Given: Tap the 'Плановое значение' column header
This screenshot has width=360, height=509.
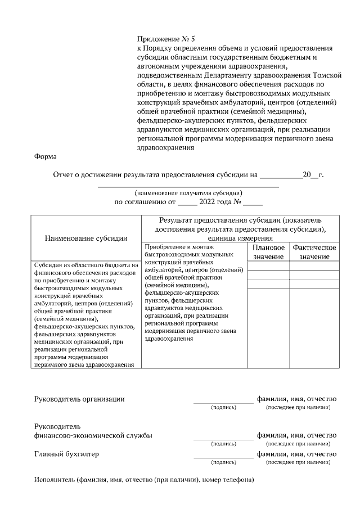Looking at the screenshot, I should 269,252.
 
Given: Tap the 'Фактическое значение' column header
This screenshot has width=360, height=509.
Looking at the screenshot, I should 314,252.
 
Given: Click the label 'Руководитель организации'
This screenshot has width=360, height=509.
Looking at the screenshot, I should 79,399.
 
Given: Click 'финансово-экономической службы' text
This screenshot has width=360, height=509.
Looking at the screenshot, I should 93,435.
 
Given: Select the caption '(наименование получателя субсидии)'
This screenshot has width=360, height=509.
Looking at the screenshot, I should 188,192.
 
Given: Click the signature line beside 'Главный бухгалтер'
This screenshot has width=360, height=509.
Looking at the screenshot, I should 223,457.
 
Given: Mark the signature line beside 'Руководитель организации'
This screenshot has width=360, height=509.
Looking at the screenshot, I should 223,402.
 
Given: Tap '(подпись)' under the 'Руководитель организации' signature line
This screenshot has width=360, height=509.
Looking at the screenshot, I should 223,407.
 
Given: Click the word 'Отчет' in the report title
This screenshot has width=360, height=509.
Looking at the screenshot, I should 64,175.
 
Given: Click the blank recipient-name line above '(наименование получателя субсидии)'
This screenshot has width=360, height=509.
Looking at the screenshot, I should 188,186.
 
